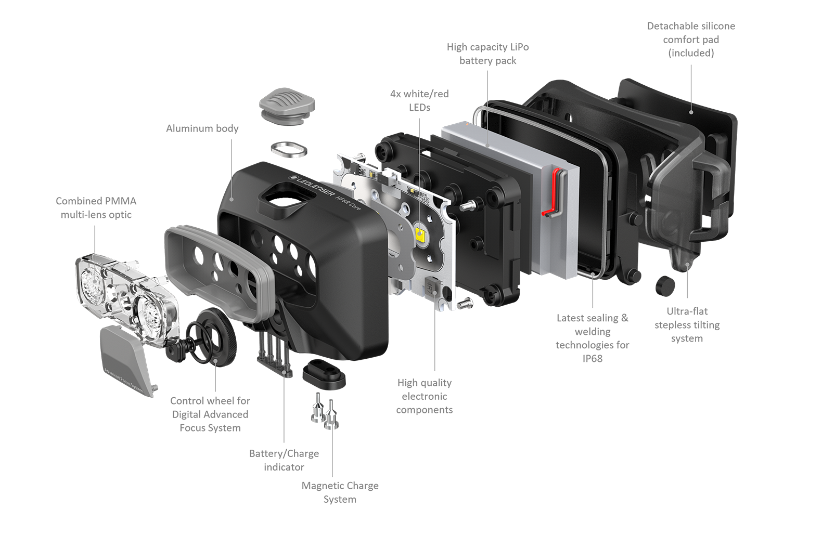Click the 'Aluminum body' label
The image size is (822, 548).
202,129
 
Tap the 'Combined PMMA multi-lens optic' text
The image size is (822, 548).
96,207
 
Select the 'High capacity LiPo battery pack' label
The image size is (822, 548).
487,54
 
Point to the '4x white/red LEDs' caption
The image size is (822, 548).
419,100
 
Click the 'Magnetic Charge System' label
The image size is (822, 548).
340,492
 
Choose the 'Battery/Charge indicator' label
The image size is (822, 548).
284,460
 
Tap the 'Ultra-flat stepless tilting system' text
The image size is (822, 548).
687,324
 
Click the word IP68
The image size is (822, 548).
592,358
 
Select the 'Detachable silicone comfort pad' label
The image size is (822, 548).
691,39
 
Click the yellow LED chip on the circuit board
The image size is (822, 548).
420,233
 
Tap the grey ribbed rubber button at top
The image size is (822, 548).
287,105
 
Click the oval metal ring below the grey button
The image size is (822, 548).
289,150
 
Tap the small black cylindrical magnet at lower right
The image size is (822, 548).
665,286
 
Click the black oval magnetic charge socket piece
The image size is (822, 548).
324,374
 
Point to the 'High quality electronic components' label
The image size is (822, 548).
425,396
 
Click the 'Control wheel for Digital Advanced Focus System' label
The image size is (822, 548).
210,414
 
